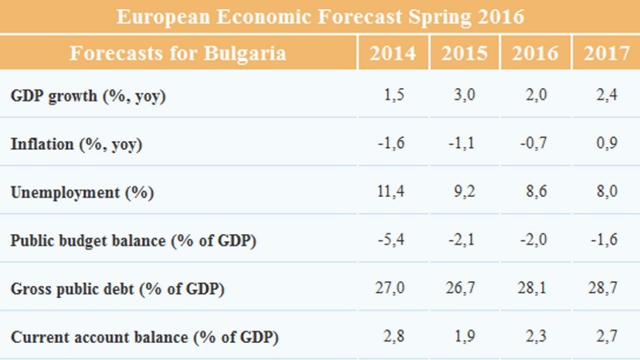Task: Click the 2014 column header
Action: (x=393, y=53)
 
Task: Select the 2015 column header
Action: (x=464, y=53)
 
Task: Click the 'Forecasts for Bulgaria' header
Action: (x=178, y=53)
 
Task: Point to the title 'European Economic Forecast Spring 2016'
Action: (x=320, y=16)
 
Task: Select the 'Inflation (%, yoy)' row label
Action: (x=76, y=144)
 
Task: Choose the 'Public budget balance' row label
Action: (x=134, y=240)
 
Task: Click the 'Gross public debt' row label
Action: (x=117, y=289)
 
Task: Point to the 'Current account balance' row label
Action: (x=144, y=338)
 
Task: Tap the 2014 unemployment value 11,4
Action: (x=396, y=192)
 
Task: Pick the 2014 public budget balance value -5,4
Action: (x=395, y=240)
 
